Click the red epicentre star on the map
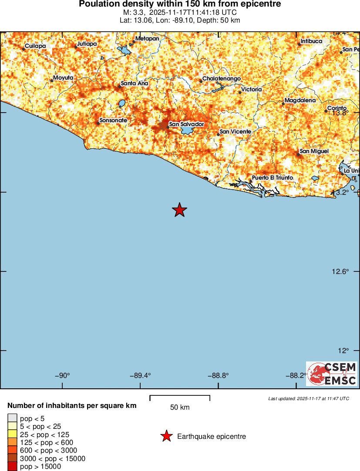pos(179,210)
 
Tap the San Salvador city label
pos(186,124)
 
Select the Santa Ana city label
pos(135,84)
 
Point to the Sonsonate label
pos(113,120)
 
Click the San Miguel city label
pos(314,151)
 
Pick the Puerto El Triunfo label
pos(272,178)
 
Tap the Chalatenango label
pos(222,79)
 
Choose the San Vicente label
pos(235,131)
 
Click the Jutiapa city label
pos(87,44)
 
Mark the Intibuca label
pos(311,41)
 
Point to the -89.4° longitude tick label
pos(141,376)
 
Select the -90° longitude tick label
pos(64,376)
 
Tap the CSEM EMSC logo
pos(332,374)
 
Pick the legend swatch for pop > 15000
pos(13,466)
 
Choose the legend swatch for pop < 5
pos(13,418)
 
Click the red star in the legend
pos(166,436)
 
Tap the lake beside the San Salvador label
pos(187,130)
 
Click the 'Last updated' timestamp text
pos(308,398)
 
